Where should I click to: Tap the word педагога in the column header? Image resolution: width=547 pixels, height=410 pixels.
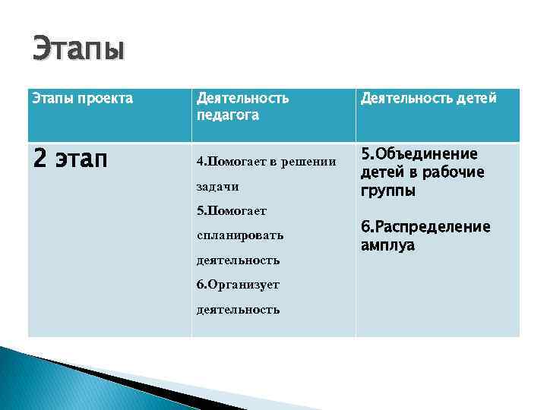click(227, 115)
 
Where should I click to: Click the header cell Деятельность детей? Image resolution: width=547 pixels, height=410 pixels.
click(428, 98)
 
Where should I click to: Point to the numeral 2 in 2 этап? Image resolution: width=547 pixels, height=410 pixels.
click(41, 160)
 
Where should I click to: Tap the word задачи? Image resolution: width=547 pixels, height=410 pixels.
click(217, 186)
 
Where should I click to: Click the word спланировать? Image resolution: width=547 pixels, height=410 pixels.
click(239, 235)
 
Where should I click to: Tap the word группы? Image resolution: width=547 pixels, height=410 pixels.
click(387, 191)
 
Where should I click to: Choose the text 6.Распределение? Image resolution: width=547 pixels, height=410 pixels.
click(425, 227)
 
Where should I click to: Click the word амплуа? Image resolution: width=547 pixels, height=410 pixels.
click(387, 245)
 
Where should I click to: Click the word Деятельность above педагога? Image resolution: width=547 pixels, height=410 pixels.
click(242, 99)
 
